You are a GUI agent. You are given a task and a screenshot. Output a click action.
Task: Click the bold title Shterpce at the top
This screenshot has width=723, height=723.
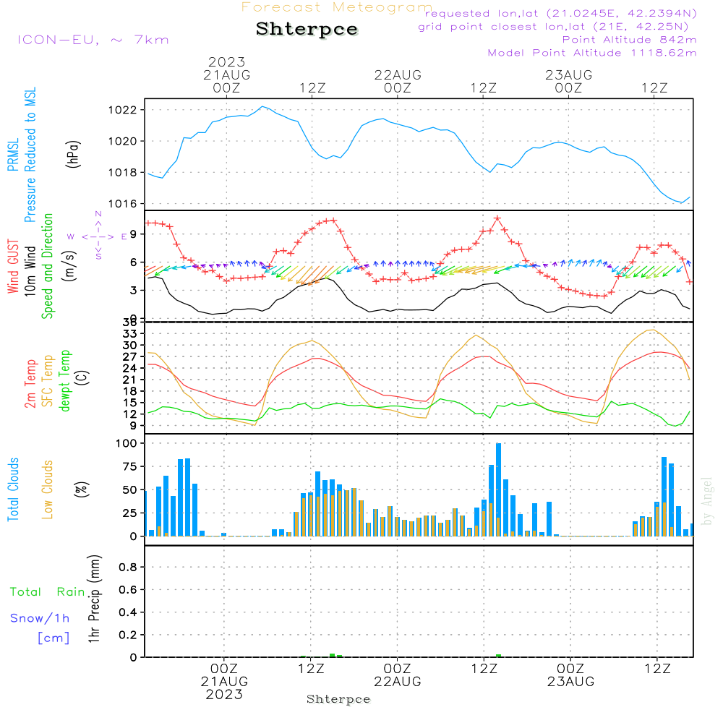pyautogui.click(x=307, y=30)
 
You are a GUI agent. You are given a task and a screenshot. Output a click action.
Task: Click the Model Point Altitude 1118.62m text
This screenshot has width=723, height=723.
pyautogui.click(x=592, y=53)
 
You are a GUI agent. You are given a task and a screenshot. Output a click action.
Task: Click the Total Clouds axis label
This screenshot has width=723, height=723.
pyautogui.click(x=13, y=489)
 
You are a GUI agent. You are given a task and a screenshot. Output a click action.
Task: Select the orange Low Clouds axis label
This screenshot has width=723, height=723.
pyautogui.click(x=48, y=489)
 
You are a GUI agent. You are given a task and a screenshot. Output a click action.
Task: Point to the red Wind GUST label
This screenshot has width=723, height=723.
pyautogui.click(x=13, y=268)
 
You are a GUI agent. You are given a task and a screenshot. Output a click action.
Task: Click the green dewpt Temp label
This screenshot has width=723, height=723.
pyautogui.click(x=65, y=380)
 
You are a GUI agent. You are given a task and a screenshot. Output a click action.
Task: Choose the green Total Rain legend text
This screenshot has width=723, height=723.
pyautogui.click(x=48, y=592)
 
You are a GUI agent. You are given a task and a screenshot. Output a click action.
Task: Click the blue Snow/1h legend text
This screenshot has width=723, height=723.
pyautogui.click(x=40, y=618)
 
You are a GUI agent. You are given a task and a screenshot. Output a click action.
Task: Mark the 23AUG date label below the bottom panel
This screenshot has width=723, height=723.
pyautogui.click(x=570, y=682)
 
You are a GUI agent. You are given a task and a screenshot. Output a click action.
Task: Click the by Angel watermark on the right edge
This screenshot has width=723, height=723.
pyautogui.click(x=708, y=501)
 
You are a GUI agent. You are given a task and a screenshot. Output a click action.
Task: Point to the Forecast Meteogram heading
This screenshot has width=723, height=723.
pyautogui.click(x=337, y=7)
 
